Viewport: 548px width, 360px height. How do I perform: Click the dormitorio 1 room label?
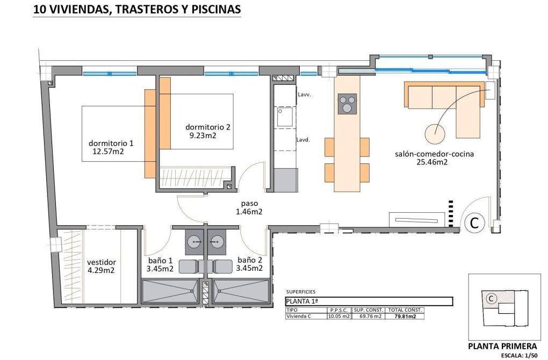click(x=111, y=143)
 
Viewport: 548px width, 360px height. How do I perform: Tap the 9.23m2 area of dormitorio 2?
click(x=202, y=135)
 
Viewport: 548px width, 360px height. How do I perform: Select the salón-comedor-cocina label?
click(x=434, y=154)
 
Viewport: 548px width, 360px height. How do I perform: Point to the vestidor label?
click(x=101, y=262)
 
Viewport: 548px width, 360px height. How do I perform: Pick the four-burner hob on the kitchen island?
click(x=347, y=104)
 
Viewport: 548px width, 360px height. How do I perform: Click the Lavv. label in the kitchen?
click(x=304, y=95)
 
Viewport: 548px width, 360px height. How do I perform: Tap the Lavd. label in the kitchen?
click(x=304, y=140)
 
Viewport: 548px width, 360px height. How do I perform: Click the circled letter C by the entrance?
click(x=474, y=222)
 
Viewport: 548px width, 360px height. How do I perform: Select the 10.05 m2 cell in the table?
click(x=339, y=316)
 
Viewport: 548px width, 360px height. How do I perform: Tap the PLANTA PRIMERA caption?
click(x=502, y=346)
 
